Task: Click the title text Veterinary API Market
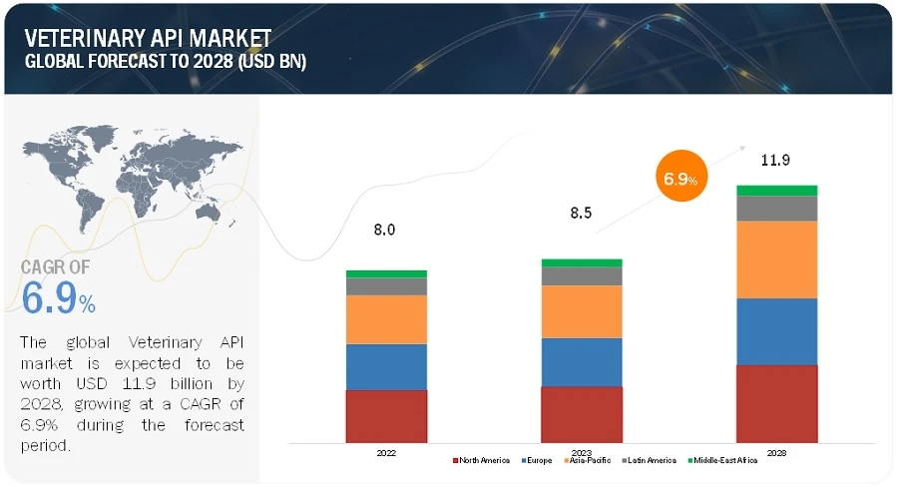tap(147, 38)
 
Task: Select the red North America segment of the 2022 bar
tap(386, 415)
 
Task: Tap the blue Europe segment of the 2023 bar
tap(582, 361)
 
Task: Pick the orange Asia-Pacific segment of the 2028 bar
tap(776, 259)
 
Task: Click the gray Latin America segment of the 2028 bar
tap(776, 208)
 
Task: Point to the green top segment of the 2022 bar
tap(386, 273)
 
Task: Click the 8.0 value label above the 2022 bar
tap(384, 230)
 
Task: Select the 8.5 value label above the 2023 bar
tap(579, 213)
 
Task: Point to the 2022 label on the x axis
tap(386, 452)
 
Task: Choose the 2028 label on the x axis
tap(776, 452)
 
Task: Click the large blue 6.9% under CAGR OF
tap(58, 298)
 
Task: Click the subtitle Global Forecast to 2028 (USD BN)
tap(166, 61)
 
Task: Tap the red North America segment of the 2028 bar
tap(776, 403)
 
